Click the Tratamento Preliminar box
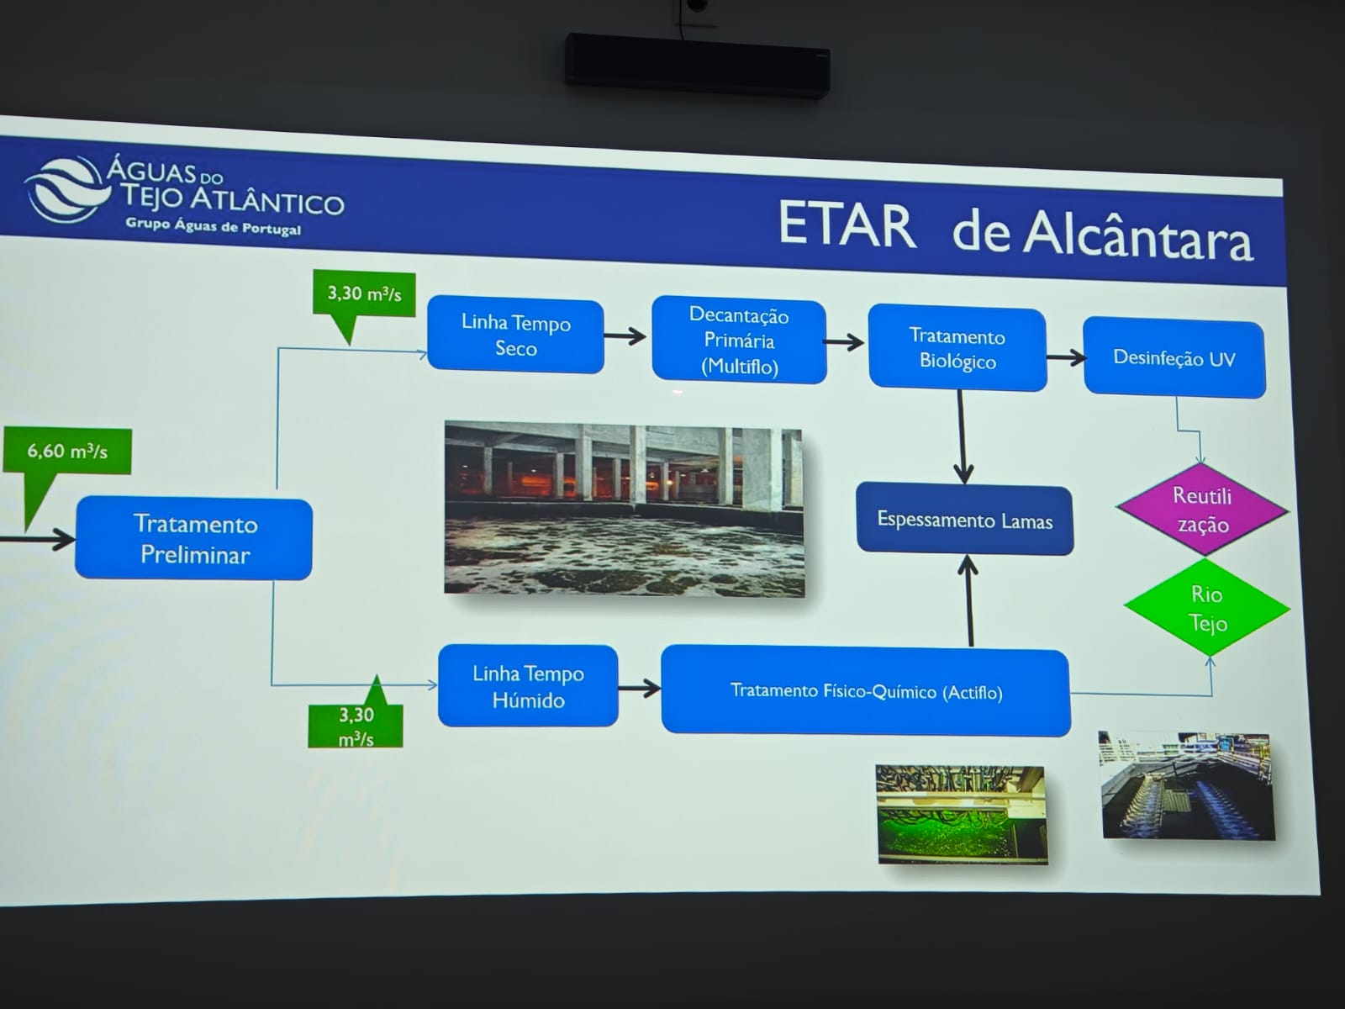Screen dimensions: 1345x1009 tap(193, 538)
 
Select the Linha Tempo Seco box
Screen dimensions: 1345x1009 tap(515, 335)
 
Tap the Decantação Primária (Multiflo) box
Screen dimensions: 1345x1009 tap(739, 341)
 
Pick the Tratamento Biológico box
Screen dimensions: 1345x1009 tap(957, 348)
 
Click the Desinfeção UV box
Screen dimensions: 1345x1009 tap(1174, 358)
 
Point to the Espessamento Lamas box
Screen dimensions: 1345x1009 tap(964, 520)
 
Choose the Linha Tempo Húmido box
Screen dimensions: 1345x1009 tap(528, 685)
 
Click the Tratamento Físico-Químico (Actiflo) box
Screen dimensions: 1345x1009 tap(866, 691)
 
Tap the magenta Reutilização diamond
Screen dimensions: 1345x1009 tap(1202, 510)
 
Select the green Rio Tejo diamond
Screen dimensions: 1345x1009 tap(1207, 608)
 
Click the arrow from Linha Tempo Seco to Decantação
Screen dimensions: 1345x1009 tap(625, 335)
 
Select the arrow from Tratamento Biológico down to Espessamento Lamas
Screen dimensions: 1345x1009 tap(962, 436)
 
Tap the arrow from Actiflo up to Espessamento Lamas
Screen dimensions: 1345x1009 tap(968, 600)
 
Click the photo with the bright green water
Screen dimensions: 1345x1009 tap(962, 814)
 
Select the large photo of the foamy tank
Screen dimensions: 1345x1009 tap(624, 509)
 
